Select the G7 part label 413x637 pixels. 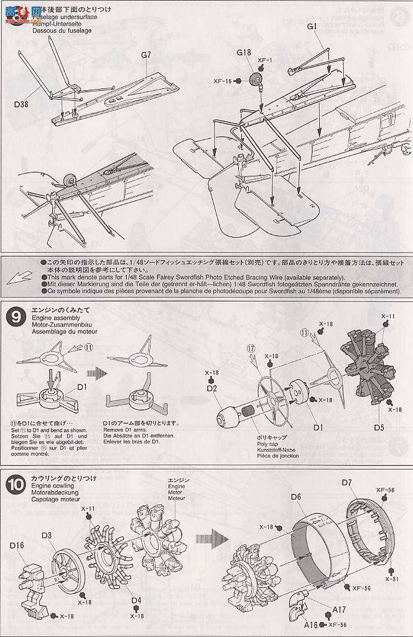(146, 55)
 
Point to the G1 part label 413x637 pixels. (312, 26)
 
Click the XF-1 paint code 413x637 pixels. (266, 60)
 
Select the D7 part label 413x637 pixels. (346, 482)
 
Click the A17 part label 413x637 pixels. (340, 609)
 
